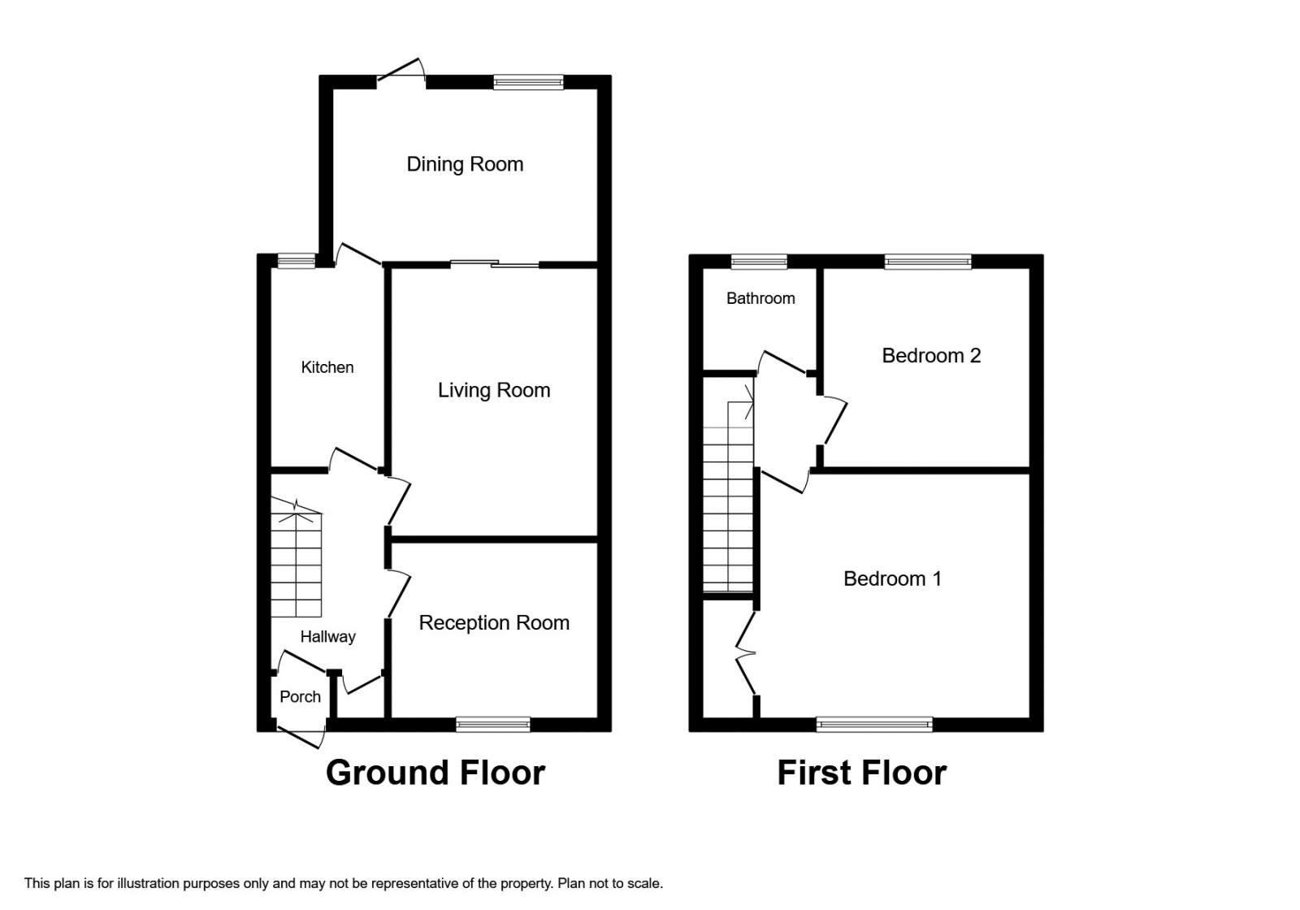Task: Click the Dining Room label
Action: pyautogui.click(x=465, y=164)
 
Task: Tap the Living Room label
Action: pyautogui.click(x=494, y=390)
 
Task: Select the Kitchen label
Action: pyautogui.click(x=327, y=367)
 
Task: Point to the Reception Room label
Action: pyautogui.click(x=494, y=622)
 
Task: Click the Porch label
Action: pyautogui.click(x=300, y=696)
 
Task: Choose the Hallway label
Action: pyautogui.click(x=327, y=636)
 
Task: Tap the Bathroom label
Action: pyautogui.click(x=760, y=298)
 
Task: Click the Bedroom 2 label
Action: pyautogui.click(x=931, y=355)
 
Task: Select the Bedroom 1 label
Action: pyautogui.click(x=892, y=578)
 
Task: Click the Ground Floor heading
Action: pyautogui.click(x=435, y=773)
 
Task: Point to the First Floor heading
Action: pyautogui.click(x=861, y=773)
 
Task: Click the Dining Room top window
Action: pyautogui.click(x=528, y=81)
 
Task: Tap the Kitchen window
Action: pyautogui.click(x=296, y=261)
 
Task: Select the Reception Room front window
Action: pyautogui.click(x=493, y=725)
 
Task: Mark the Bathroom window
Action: pyautogui.click(x=759, y=261)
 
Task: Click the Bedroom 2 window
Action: pyautogui.click(x=928, y=261)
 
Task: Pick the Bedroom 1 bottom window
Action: pyautogui.click(x=874, y=725)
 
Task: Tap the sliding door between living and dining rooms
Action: pyautogui.click(x=495, y=263)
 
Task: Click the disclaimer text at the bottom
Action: pyautogui.click(x=344, y=882)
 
